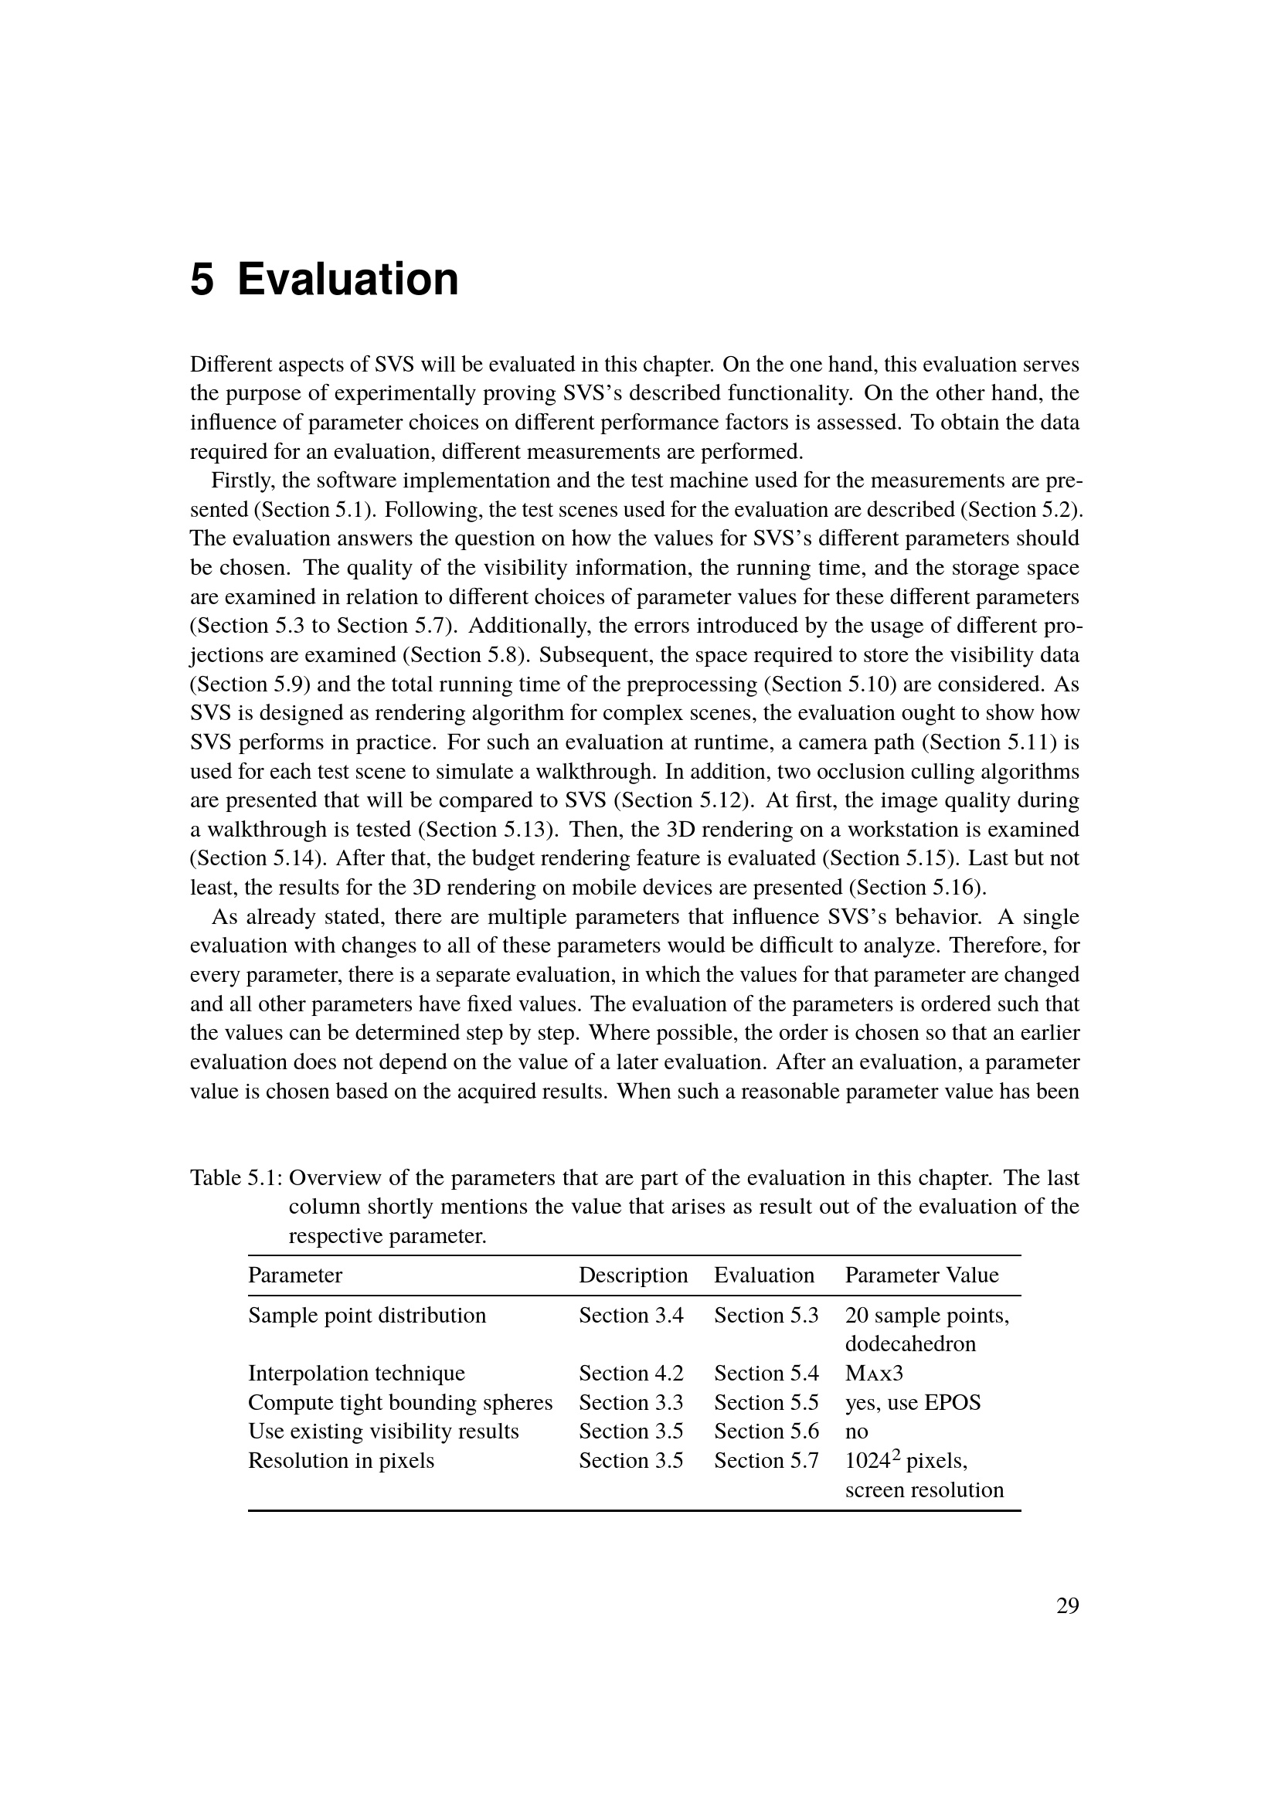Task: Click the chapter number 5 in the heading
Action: (202, 280)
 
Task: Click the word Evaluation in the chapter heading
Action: (347, 280)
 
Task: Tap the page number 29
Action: (1067, 1606)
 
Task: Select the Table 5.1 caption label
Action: (236, 1177)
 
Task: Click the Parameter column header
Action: (295, 1275)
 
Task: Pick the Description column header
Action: (633, 1275)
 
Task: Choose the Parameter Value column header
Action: (922, 1275)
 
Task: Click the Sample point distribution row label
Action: (367, 1315)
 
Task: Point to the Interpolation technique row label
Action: (356, 1374)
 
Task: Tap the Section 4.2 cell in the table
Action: (631, 1374)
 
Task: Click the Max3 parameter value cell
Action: (875, 1374)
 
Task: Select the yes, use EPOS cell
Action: (913, 1402)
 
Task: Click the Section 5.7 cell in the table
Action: (766, 1461)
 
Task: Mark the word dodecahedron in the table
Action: (910, 1343)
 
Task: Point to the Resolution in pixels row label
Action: (341, 1461)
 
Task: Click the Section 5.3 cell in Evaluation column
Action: (766, 1315)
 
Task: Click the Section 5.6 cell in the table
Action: (766, 1432)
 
